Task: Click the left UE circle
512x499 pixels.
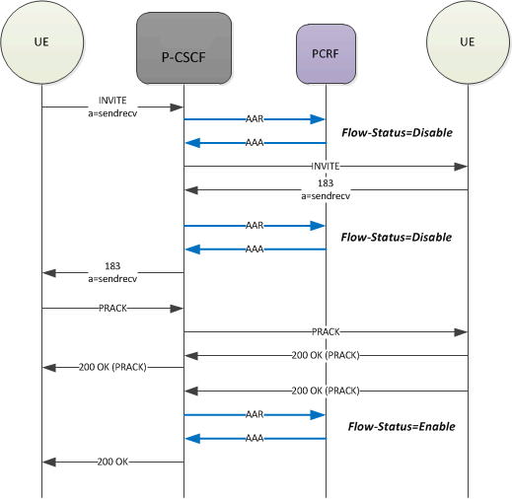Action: coord(42,45)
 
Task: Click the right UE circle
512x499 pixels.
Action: coord(467,45)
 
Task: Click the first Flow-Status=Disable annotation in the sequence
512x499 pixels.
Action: coord(396,131)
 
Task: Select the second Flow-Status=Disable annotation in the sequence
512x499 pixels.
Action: coord(396,237)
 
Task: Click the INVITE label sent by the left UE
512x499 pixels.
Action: coord(112,102)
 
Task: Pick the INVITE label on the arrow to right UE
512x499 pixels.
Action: coord(325,167)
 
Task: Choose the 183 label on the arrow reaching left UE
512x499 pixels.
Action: coord(112,266)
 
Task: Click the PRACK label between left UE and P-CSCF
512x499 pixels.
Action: coord(112,309)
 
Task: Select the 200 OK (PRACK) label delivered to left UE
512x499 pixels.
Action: coord(112,367)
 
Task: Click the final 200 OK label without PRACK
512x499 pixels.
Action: coord(112,462)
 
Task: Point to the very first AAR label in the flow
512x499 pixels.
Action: coord(255,118)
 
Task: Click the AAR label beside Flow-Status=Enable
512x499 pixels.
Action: coord(255,415)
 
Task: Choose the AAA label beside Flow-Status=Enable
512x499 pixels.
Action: coord(255,439)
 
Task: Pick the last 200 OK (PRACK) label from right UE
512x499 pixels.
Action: coord(325,391)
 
